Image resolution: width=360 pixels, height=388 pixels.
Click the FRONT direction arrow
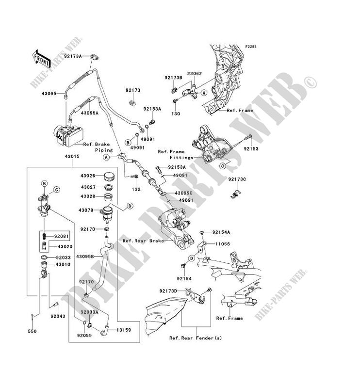click(42, 57)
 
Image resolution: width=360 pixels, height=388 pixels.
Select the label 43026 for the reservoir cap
click(90, 176)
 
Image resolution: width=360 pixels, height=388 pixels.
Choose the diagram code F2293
click(250, 47)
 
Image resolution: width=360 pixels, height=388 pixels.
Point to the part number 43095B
click(90, 256)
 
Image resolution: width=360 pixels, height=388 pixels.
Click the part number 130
click(176, 113)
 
